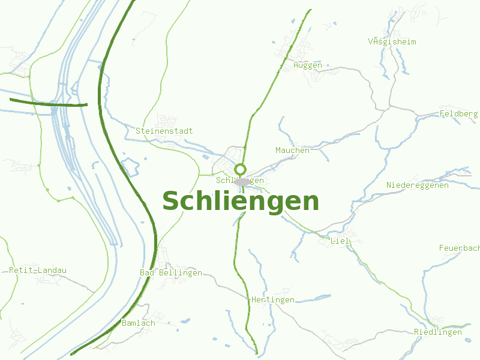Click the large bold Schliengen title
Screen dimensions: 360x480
pyautogui.click(x=240, y=202)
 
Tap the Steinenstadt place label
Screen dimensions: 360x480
pyautogui.click(x=164, y=131)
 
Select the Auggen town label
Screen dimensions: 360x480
pyautogui.click(x=307, y=65)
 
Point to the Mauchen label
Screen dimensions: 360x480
pyautogui.click(x=292, y=150)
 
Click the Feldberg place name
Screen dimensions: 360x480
pyautogui.click(x=459, y=113)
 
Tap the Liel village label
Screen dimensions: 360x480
pyautogui.click(x=340, y=241)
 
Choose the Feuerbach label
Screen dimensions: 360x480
pyautogui.click(x=459, y=248)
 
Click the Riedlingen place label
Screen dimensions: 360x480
pyautogui.click(x=437, y=332)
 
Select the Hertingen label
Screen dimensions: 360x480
pyautogui.click(x=272, y=299)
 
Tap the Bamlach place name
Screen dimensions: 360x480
pyautogui.click(x=138, y=323)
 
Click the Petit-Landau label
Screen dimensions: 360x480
pyautogui.click(x=38, y=270)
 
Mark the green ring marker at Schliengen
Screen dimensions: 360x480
pyautogui.click(x=241, y=169)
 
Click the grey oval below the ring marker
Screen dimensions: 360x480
pyautogui.click(x=242, y=182)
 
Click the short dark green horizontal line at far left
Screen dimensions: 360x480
pyautogui.click(x=48, y=103)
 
